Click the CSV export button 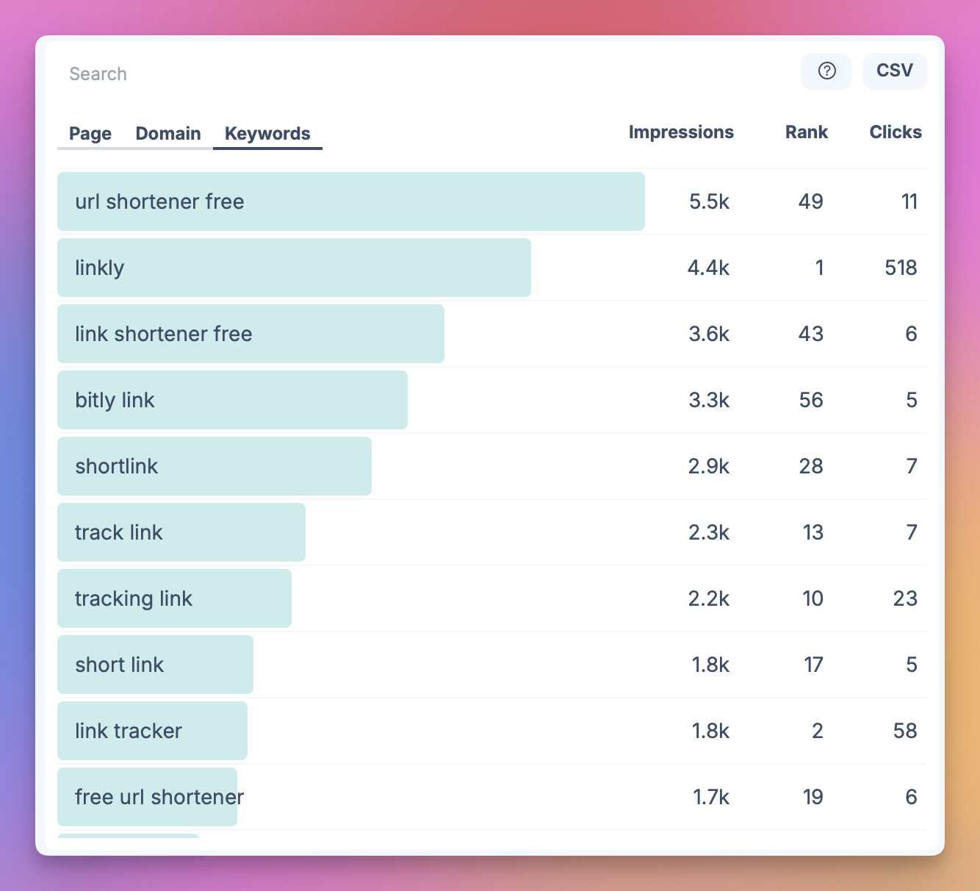[x=894, y=71]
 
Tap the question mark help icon [x=826, y=71]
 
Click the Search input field [x=294, y=74]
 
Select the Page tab [x=90, y=134]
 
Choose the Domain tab [x=168, y=134]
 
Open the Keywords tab [x=267, y=134]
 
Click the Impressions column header [x=681, y=132]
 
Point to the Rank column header [x=806, y=132]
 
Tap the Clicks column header [x=895, y=132]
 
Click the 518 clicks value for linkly [x=901, y=268]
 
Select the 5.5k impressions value [x=709, y=201]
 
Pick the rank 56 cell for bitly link [x=810, y=400]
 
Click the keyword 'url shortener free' [x=159, y=201]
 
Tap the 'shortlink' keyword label [x=116, y=466]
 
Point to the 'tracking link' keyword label [x=133, y=598]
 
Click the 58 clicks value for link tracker [x=904, y=731]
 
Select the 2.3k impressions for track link [x=709, y=532]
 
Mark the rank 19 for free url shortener [x=813, y=797]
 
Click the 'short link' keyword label [x=119, y=665]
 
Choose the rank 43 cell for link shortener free [x=810, y=334]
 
